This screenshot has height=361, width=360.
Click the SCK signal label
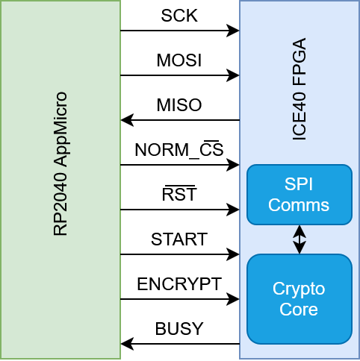tap(179, 16)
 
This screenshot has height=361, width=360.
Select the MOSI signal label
tap(179, 60)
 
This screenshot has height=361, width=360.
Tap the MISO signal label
tap(179, 105)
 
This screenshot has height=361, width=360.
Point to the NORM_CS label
tap(179, 150)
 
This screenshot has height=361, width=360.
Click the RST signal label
tap(179, 195)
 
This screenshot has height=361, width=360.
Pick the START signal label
tap(179, 239)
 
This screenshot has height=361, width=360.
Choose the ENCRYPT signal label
tap(179, 284)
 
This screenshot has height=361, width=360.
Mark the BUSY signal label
tap(179, 329)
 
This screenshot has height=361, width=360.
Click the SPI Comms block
tap(299, 195)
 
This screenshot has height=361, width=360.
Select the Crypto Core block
tap(299, 299)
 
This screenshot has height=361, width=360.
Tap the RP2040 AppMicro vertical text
tap(60, 164)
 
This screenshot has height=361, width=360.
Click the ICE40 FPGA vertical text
tap(299, 90)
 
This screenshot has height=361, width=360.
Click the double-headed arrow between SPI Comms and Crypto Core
tap(300, 239)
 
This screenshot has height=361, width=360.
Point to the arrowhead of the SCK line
tap(235, 31)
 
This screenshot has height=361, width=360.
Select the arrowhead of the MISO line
tap(125, 120)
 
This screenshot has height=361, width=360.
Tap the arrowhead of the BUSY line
tap(125, 344)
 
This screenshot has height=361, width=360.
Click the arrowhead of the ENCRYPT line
tap(235, 299)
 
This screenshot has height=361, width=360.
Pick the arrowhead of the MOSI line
tap(235, 75)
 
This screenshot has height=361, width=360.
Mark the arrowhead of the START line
tap(235, 254)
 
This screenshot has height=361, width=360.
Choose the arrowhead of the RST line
tap(235, 210)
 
